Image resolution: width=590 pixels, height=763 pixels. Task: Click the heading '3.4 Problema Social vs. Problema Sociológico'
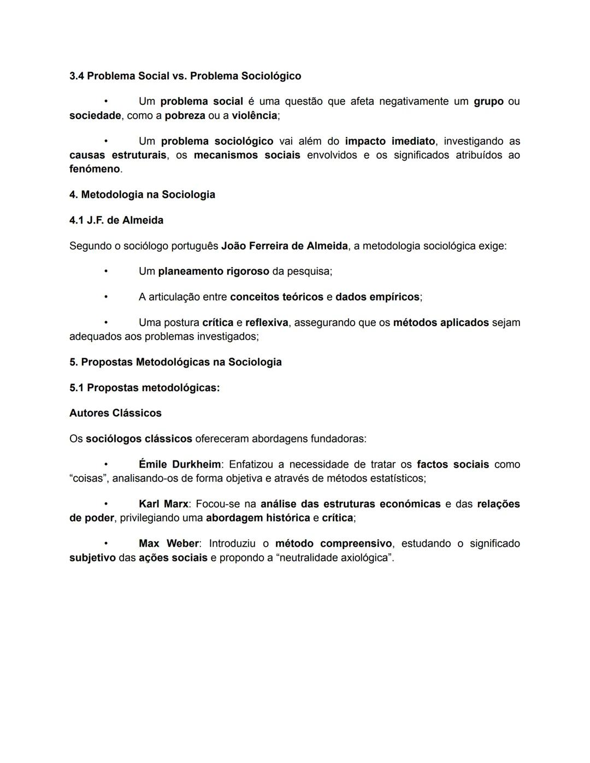pyautogui.click(x=185, y=76)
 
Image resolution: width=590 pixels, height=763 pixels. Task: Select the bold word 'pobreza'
pyautogui.click(x=185, y=116)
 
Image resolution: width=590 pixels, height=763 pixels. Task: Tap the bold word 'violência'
pyautogui.click(x=254, y=116)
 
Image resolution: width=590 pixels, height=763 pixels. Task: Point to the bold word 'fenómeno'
pyautogui.click(x=95, y=169)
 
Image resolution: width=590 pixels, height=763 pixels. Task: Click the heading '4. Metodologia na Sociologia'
pyautogui.click(x=142, y=195)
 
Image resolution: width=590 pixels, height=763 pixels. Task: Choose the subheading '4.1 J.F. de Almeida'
pyautogui.click(x=116, y=221)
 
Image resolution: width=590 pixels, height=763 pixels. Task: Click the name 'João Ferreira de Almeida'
pyautogui.click(x=284, y=246)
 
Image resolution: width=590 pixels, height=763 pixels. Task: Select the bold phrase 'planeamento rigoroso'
pyautogui.click(x=214, y=271)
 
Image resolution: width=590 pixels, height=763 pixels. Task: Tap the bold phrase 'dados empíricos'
pyautogui.click(x=377, y=297)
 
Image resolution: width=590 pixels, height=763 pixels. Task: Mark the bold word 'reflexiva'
pyautogui.click(x=267, y=323)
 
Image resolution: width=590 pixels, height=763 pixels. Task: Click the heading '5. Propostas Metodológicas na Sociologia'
pyautogui.click(x=175, y=362)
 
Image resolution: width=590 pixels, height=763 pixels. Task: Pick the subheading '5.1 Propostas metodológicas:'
pyautogui.click(x=144, y=388)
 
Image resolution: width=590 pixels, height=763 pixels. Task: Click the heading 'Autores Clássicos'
pyautogui.click(x=115, y=413)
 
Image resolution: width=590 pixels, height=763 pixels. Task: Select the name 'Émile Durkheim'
pyautogui.click(x=180, y=465)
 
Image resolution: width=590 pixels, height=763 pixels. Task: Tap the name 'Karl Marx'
pyautogui.click(x=163, y=504)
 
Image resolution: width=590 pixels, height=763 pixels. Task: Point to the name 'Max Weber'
pyautogui.click(x=169, y=544)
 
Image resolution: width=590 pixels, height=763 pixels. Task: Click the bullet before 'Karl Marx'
pyautogui.click(x=106, y=504)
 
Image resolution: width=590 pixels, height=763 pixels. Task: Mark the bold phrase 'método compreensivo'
pyautogui.click(x=333, y=544)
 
